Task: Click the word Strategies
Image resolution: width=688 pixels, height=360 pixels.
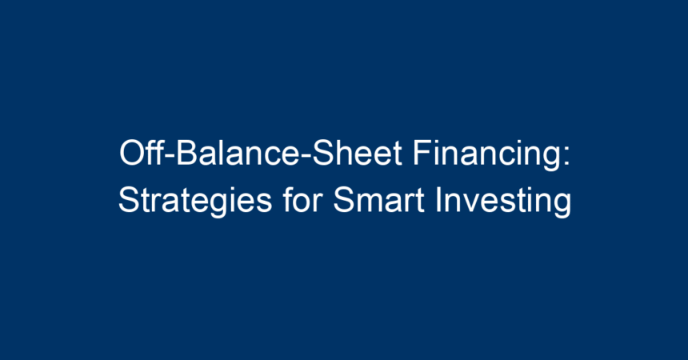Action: (195, 200)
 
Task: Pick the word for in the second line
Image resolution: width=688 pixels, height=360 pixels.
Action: (302, 199)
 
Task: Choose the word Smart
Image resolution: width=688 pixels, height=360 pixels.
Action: (378, 200)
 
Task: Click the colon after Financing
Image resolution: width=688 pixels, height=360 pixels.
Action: (566, 156)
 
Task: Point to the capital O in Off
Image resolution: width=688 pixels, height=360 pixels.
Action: (132, 153)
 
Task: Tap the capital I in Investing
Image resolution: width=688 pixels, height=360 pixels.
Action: (438, 200)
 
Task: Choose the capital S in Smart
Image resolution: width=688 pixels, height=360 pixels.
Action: (344, 200)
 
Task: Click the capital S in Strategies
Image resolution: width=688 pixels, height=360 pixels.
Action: (129, 200)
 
